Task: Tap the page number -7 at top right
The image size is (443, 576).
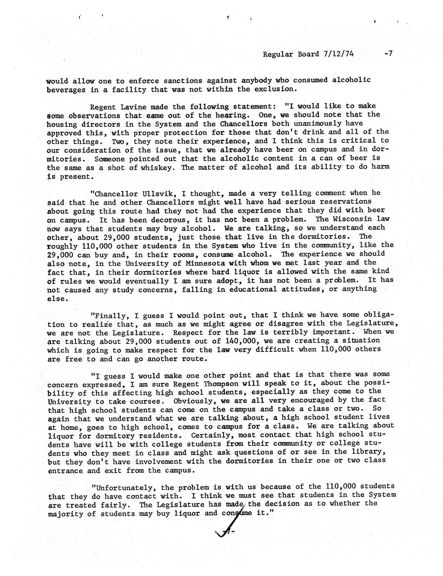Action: click(388, 54)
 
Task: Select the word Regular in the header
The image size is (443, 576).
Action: click(277, 54)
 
